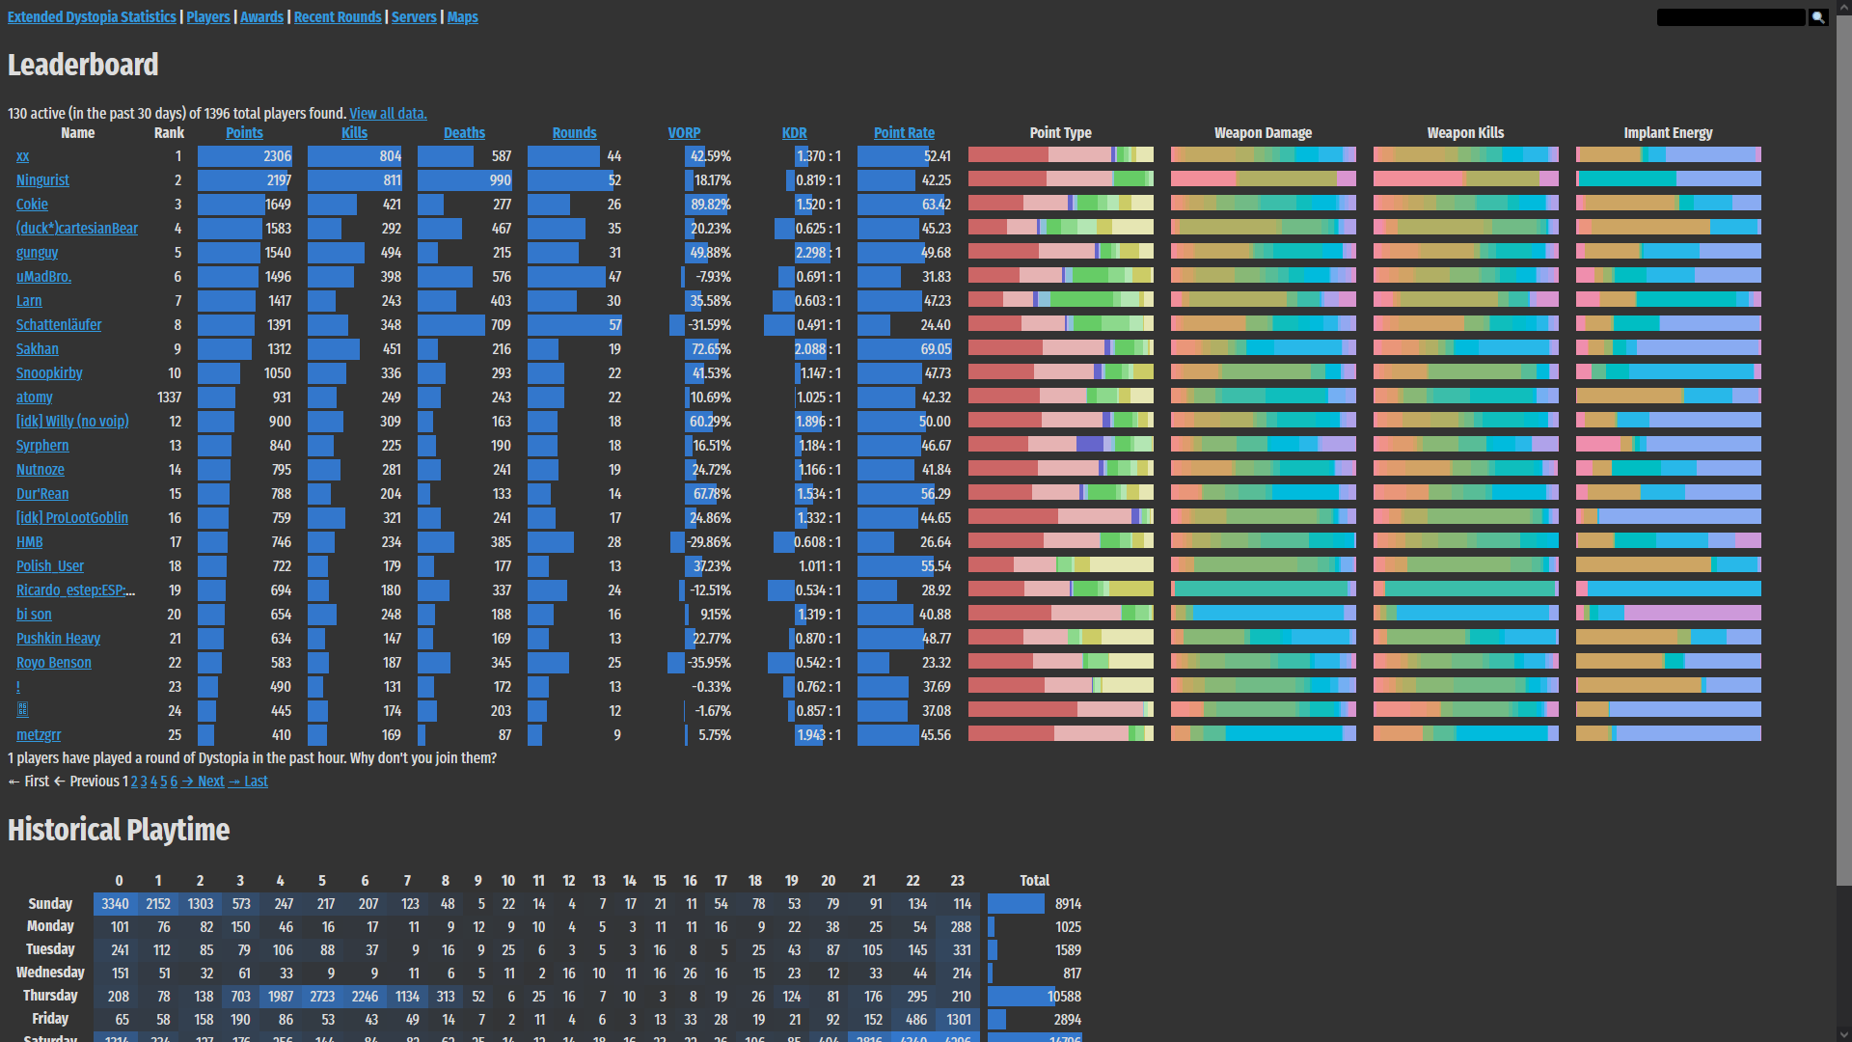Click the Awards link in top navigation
261,17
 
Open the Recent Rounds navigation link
338,17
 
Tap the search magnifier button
1818,17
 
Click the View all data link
388,114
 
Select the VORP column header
684,133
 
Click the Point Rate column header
904,133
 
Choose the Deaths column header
464,133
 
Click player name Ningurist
42,180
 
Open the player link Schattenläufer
59,325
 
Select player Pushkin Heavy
58,639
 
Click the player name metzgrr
39,735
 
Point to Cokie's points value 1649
278,205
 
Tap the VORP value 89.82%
711,205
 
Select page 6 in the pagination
174,781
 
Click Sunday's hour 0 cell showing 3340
116,904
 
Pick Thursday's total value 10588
1064,997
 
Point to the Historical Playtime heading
119,830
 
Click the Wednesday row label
50,973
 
